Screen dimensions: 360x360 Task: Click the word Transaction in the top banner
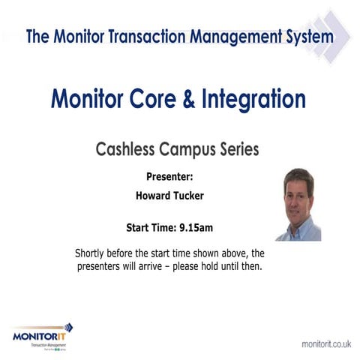(x=145, y=36)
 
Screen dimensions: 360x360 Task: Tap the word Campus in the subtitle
(x=183, y=149)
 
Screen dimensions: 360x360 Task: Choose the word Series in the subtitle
(x=235, y=149)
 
